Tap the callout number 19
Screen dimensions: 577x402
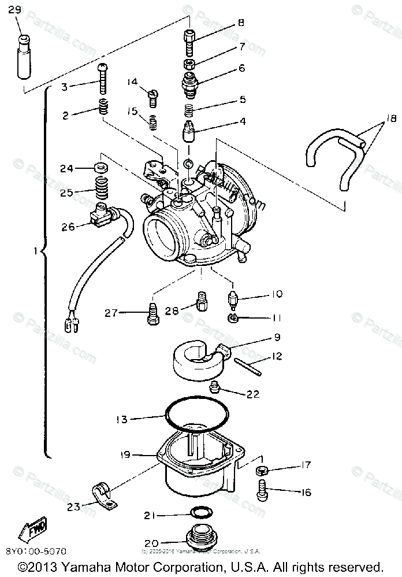pyautogui.click(x=126, y=455)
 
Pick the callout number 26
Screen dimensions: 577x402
pyautogui.click(x=68, y=227)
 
